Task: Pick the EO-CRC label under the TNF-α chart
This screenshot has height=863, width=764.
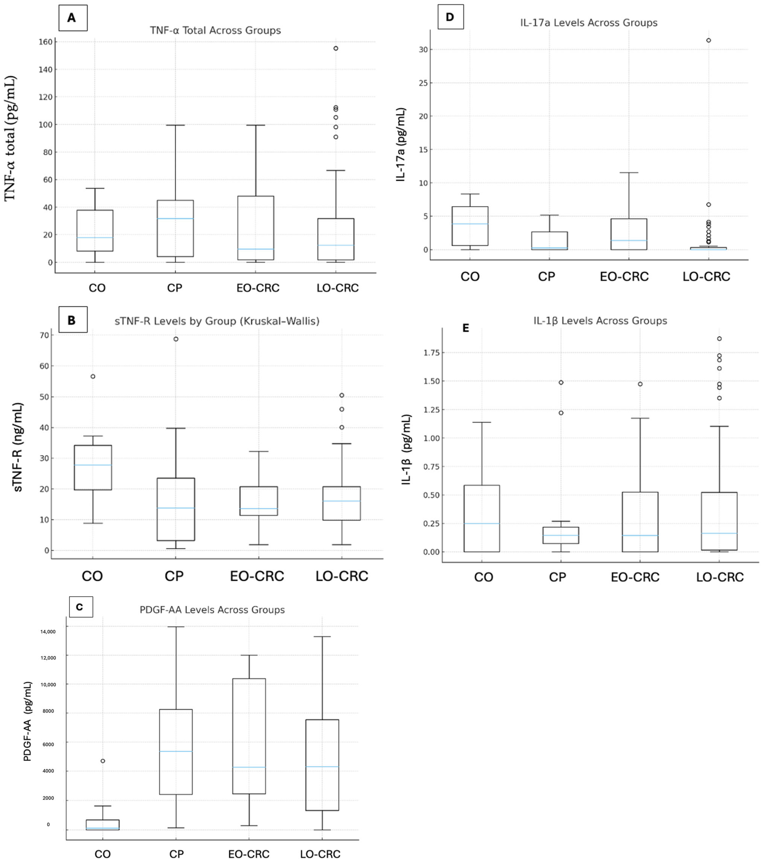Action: (258, 288)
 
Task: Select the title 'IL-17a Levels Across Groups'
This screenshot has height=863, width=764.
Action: (589, 23)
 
